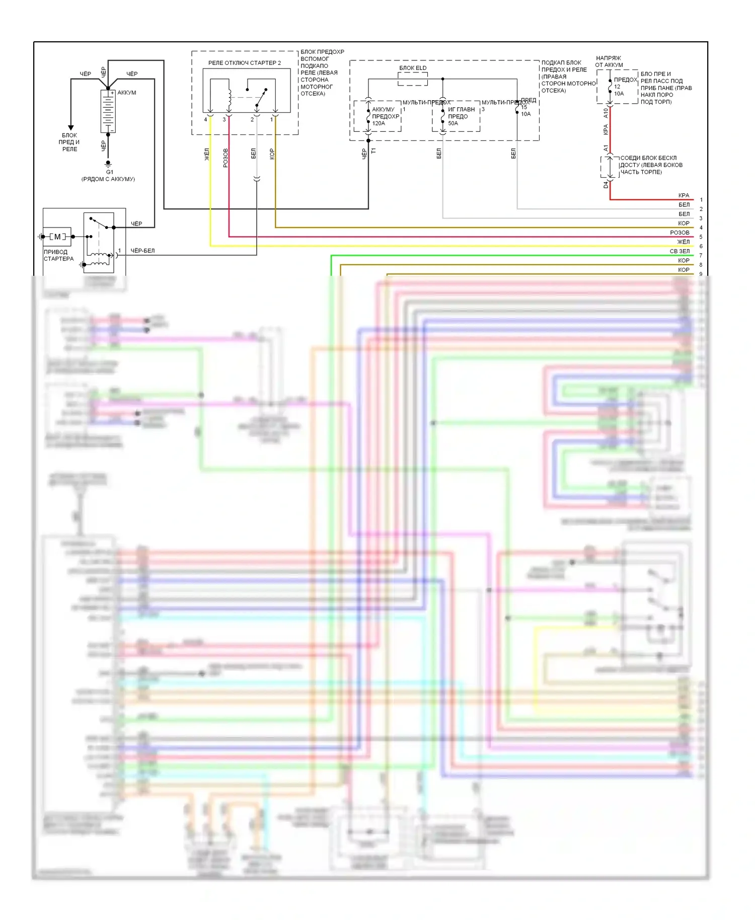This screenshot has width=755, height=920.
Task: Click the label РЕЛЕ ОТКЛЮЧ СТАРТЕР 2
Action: (x=245, y=63)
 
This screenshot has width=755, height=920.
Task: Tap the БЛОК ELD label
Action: (x=413, y=68)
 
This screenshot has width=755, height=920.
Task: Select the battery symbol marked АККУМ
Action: (x=108, y=111)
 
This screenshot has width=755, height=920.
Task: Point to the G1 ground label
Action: (x=110, y=172)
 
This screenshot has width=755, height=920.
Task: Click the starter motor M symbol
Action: (x=57, y=237)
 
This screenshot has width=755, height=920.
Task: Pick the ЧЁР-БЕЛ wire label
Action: (x=142, y=251)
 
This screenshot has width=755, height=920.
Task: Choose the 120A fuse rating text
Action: (x=379, y=123)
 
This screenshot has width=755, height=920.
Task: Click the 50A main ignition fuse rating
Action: (x=453, y=123)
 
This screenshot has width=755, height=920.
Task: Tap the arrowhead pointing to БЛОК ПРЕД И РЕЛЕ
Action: (x=71, y=128)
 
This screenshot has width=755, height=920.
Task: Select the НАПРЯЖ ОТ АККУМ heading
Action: (x=609, y=61)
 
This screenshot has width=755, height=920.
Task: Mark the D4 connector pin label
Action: (x=606, y=185)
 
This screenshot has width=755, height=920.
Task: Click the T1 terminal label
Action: (x=373, y=150)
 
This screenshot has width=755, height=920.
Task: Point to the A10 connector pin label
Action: (x=606, y=113)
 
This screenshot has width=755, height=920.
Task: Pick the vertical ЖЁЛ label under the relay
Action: (x=206, y=154)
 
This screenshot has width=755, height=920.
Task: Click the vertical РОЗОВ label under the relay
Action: (x=225, y=158)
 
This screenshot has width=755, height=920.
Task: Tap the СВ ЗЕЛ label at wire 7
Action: (x=679, y=251)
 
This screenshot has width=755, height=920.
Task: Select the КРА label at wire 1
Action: (x=684, y=195)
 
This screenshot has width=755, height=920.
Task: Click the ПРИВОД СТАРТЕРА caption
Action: (x=58, y=255)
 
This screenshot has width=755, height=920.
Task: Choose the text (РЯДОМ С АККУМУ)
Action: (x=108, y=179)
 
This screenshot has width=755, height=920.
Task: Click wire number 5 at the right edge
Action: (x=701, y=237)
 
